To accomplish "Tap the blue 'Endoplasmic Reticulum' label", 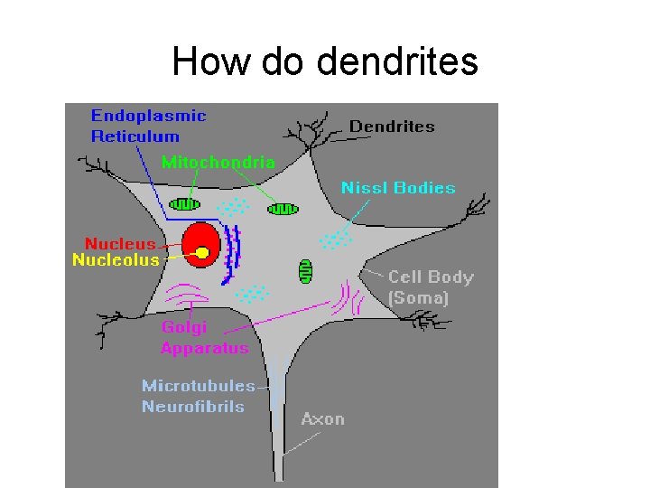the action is (x=148, y=126).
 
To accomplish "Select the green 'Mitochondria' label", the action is (x=218, y=163).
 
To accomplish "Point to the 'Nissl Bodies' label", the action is (x=397, y=188).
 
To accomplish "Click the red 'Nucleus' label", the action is (x=120, y=244).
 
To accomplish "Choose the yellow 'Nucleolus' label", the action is (x=116, y=259).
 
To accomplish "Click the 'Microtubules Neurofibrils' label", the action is (x=198, y=396).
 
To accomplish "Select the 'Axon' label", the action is (x=322, y=418).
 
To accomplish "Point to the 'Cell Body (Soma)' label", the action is (x=430, y=286).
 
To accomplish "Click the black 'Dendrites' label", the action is (x=392, y=127).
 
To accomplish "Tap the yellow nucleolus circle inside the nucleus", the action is (x=204, y=252).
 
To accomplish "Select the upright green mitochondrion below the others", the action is (x=305, y=269).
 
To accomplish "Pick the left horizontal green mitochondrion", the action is (x=187, y=205).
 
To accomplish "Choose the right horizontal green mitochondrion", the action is (x=283, y=210).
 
